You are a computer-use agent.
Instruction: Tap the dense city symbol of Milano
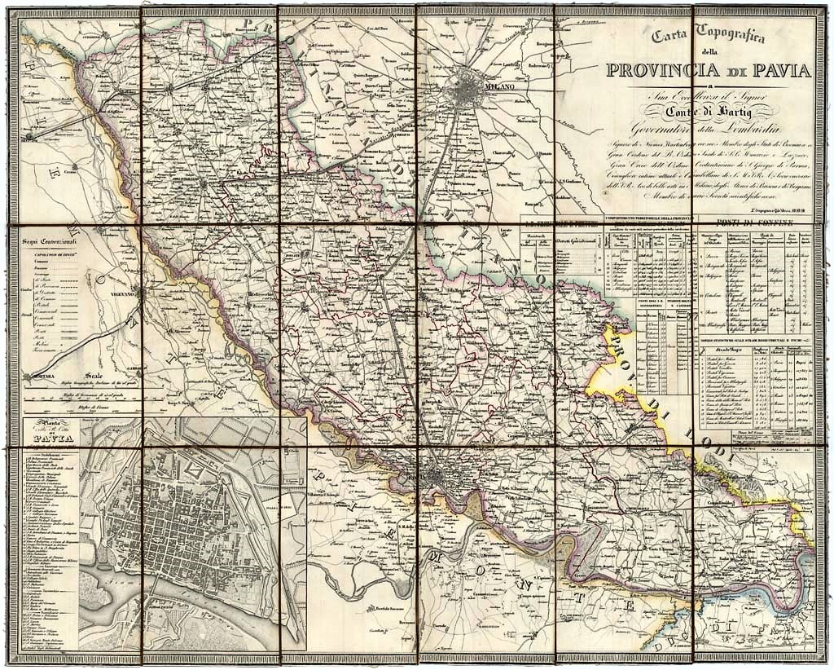(x=470, y=86)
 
